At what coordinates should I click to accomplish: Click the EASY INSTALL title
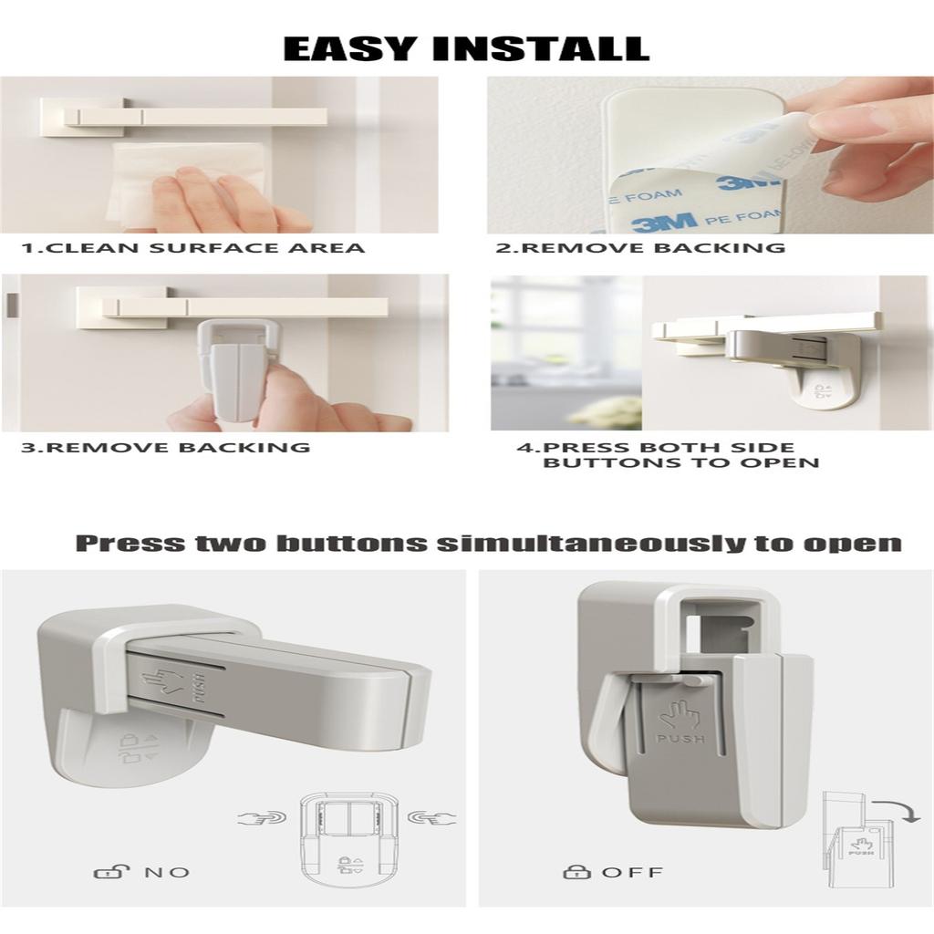point(466,47)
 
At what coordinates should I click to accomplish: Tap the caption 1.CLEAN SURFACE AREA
point(193,248)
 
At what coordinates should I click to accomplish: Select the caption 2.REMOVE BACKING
point(640,248)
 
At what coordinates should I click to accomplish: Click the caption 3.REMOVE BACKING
point(165,447)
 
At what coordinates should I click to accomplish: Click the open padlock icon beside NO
point(107,872)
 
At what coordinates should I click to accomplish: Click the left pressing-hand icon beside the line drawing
point(262,817)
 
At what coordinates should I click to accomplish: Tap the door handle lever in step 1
point(201,117)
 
